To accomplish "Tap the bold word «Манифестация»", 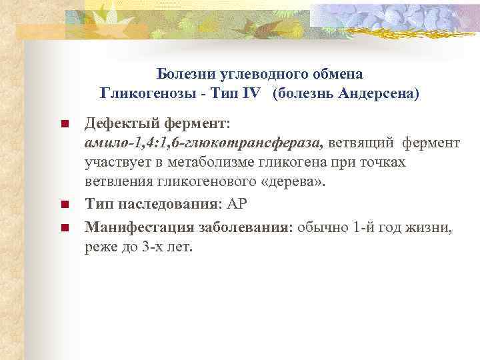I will (x=134, y=228).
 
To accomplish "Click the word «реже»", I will (x=101, y=247).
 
